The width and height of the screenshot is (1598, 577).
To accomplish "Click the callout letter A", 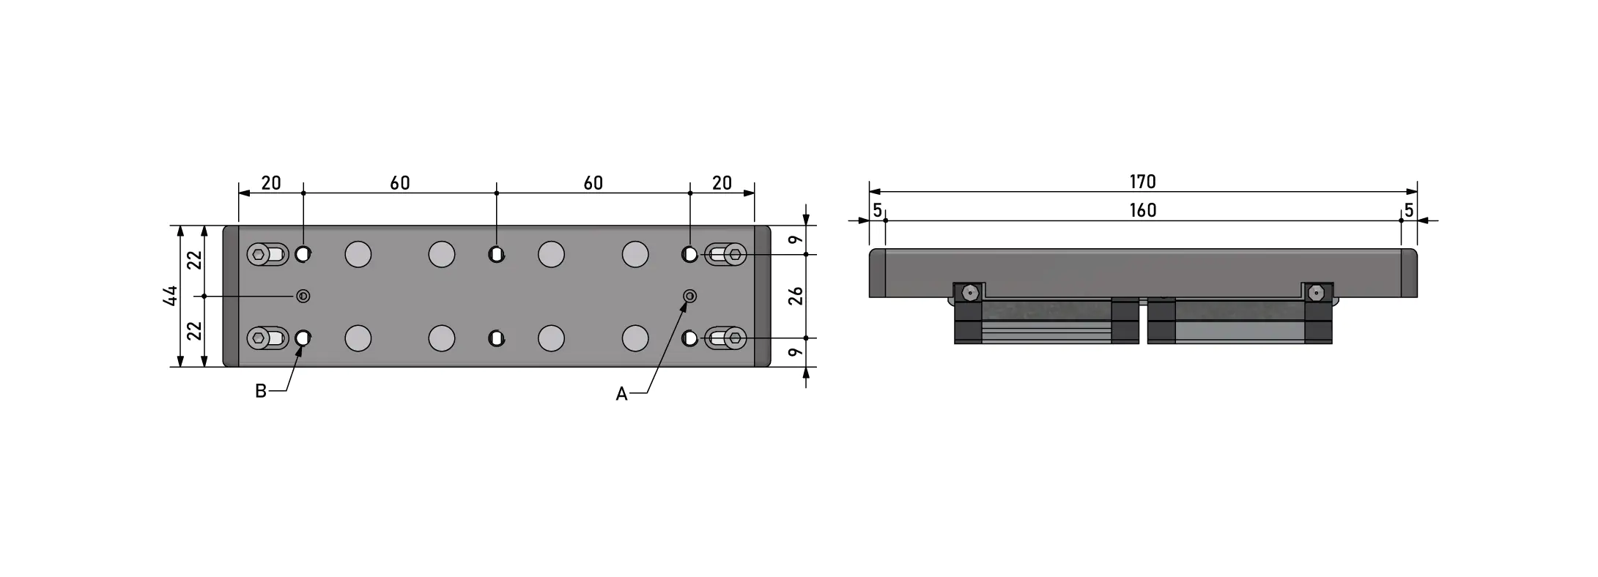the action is [x=621, y=394].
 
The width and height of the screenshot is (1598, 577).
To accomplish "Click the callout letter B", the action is [x=260, y=391].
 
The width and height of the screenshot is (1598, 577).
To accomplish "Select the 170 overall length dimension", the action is [x=1142, y=182].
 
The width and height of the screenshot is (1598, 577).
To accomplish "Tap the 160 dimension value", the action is [x=1142, y=211].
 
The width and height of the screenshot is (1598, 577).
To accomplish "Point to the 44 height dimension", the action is [x=171, y=296].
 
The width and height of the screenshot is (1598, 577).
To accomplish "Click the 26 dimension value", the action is [x=796, y=296].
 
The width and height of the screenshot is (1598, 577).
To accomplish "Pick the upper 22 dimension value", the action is [x=195, y=260].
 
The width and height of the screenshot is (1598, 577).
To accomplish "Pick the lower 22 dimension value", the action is [x=195, y=331].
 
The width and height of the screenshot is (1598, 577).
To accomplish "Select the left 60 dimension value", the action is [x=400, y=182].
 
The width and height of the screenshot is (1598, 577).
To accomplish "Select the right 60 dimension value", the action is [x=593, y=182].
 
